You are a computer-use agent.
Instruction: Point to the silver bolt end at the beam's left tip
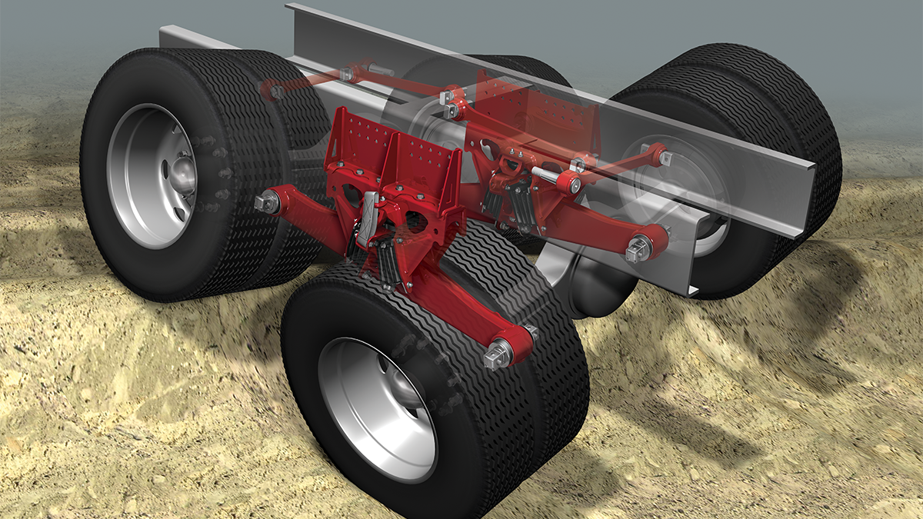[x=265, y=201]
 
